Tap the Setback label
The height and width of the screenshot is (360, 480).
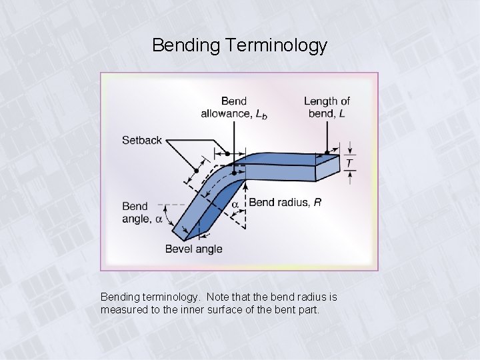(x=141, y=140)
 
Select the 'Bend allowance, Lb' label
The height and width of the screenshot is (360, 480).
(x=233, y=107)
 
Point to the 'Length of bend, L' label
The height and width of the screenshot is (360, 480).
(x=327, y=107)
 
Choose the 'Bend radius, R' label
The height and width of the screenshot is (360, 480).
(x=285, y=203)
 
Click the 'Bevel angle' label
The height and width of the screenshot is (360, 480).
(x=194, y=249)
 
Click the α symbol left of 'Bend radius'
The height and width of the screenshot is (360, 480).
(x=235, y=204)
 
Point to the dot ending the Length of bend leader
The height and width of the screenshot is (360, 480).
(x=327, y=152)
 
